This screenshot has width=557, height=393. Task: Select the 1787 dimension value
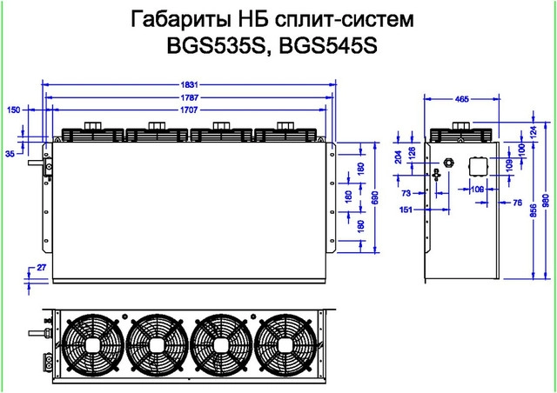(191, 89)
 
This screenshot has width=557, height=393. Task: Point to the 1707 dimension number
(191, 102)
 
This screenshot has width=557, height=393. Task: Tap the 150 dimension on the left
(13, 110)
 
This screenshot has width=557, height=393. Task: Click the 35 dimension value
(10, 153)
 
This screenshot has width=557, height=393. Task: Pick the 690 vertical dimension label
(375, 199)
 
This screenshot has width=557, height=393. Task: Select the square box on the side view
(480, 168)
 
